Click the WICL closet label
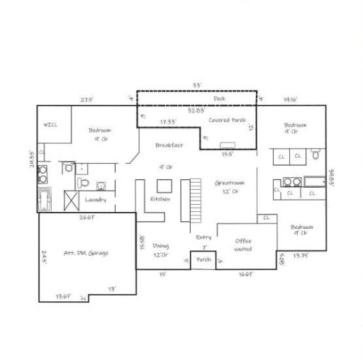50,125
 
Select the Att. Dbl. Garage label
86,252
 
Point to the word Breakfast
169,145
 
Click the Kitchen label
161,199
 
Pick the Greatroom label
230,183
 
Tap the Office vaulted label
243,244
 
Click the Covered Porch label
227,120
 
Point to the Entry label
203,238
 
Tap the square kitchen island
165,185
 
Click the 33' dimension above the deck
197,85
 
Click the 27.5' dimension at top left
87,99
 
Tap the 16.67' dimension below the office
246,273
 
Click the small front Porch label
203,259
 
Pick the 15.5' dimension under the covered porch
228,153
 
